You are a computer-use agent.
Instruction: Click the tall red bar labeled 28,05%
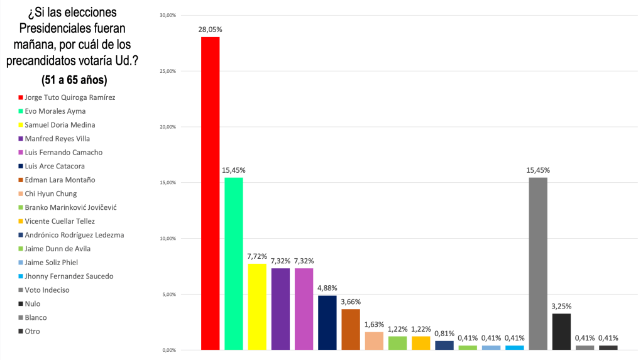210,193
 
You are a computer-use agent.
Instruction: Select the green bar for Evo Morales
234,263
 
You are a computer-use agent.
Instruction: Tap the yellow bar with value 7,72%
257,307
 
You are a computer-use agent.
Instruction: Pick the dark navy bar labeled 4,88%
327,322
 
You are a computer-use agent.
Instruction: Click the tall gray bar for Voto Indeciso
538,263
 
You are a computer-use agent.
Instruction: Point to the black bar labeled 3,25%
561,331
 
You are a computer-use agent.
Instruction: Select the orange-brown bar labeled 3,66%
351,329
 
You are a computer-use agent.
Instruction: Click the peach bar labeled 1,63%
374,341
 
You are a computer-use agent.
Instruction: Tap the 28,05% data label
211,30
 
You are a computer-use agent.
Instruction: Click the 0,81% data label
444,333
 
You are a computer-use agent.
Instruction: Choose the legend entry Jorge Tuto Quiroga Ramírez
70,97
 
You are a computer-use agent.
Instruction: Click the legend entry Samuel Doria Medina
60,125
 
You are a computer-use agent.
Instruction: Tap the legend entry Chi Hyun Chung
52,194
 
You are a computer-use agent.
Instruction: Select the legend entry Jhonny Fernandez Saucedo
69,276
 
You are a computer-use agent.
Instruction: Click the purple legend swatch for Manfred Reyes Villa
21,139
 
